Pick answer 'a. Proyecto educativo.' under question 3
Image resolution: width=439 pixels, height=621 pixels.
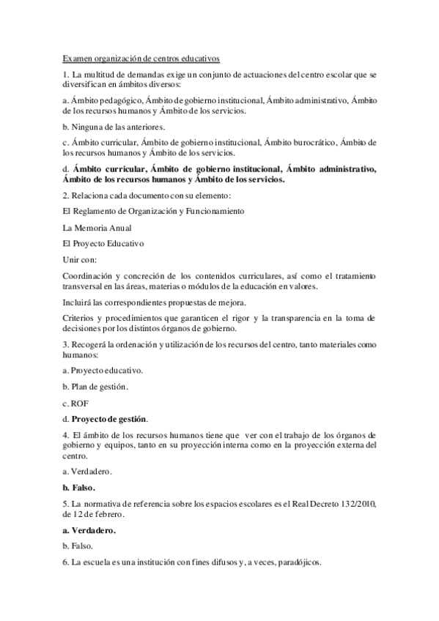click(103, 371)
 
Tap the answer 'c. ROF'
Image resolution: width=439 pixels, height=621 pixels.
click(75, 403)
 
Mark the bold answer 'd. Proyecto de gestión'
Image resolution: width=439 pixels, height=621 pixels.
click(105, 419)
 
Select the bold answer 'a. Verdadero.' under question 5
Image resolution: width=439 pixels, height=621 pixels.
click(89, 529)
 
